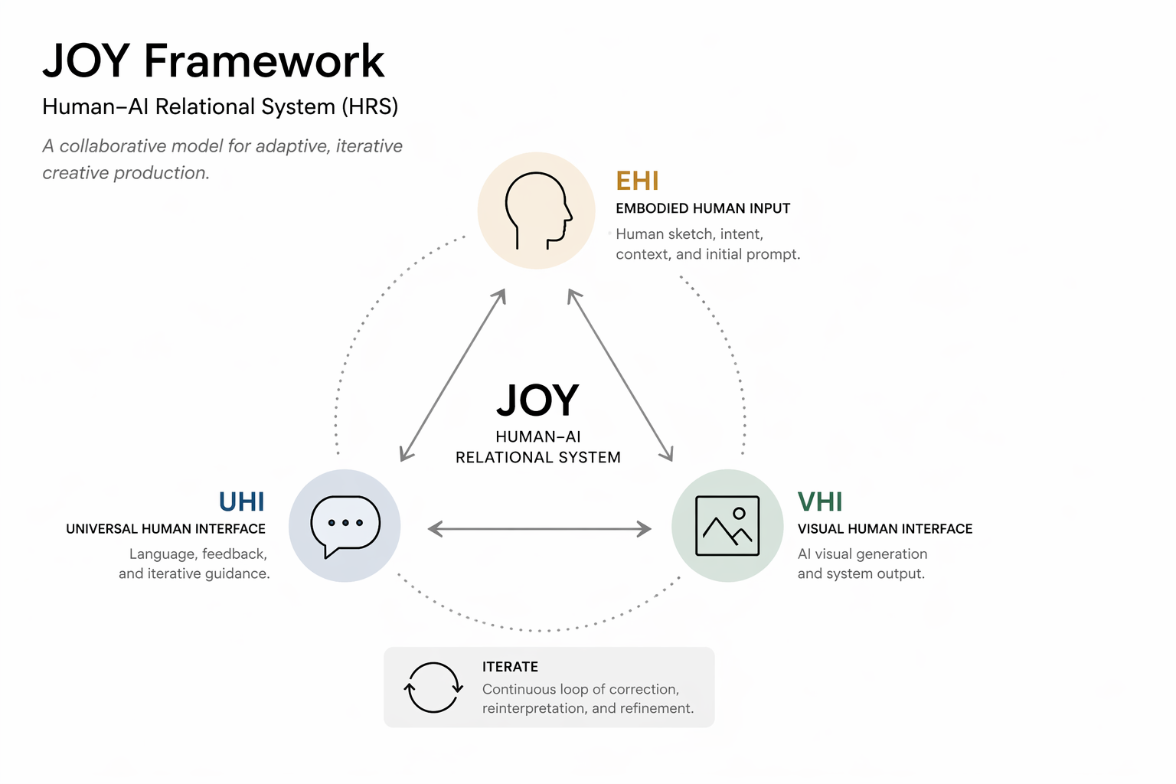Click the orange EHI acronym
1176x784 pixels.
pos(637,181)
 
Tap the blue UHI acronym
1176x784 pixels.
pos(241,501)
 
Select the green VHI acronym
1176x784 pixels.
pos(820,501)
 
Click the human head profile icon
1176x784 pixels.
pos(538,211)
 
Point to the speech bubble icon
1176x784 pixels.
pos(345,526)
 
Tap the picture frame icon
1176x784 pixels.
pos(727,526)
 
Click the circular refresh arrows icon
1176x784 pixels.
pos(433,688)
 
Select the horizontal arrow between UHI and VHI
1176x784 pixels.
pos(540,529)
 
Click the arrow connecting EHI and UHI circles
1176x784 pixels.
pos(452,375)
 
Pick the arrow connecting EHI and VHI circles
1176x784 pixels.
pos(621,375)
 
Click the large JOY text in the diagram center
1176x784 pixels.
pos(537,400)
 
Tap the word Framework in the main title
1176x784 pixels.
pos(264,61)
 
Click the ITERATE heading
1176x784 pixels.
pos(511,667)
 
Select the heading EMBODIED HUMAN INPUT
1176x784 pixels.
pos(703,208)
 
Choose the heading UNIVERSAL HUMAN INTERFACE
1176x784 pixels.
pos(166,529)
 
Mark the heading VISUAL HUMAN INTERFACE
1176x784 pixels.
pos(885,529)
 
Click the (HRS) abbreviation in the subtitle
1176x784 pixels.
pos(370,106)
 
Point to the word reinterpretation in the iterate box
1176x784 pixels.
pos(534,708)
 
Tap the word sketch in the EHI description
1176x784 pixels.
pos(691,234)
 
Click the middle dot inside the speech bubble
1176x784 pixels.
pos(345,523)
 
